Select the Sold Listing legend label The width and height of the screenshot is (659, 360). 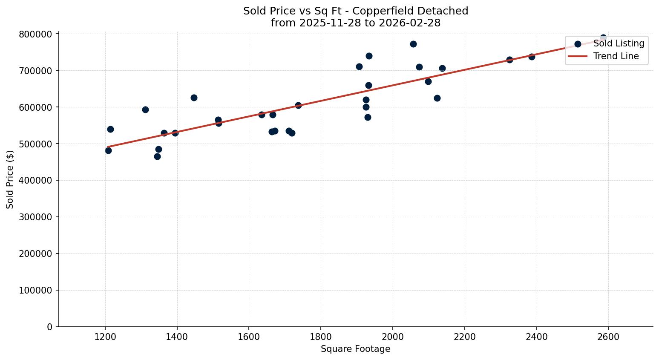619,43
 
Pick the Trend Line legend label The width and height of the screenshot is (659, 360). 616,56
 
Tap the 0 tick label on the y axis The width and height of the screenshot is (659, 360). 50,327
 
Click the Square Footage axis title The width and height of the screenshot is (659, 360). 355,349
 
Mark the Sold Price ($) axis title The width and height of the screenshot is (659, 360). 10,179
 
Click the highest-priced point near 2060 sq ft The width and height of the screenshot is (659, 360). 413,44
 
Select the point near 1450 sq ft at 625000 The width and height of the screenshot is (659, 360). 194,98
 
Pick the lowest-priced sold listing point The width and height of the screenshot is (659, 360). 157,156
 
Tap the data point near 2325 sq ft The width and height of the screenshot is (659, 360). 509,60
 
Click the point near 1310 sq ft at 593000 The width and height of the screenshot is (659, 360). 145,109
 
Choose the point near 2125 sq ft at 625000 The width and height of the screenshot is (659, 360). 437,98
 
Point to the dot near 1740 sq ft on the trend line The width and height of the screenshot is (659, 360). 298,105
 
